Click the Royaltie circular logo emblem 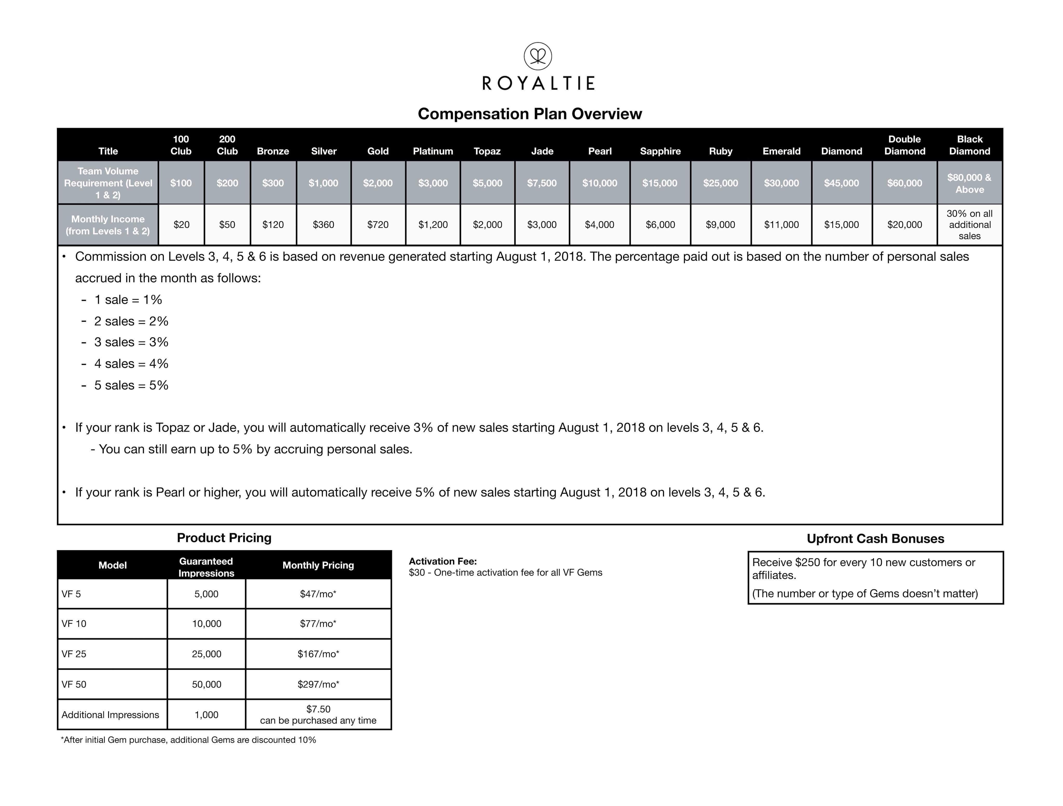click(x=538, y=56)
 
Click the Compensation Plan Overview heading click(x=530, y=114)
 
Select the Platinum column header click(x=433, y=151)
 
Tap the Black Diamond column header click(x=969, y=145)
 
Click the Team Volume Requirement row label click(x=108, y=183)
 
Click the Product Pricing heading click(x=224, y=538)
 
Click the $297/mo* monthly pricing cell click(x=318, y=684)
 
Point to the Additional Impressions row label click(x=110, y=715)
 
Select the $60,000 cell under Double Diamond click(x=904, y=183)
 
